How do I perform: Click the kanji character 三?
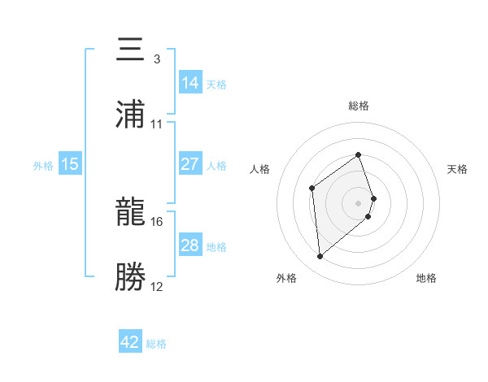click(x=132, y=50)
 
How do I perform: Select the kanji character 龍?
click(x=132, y=213)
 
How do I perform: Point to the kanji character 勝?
click(x=132, y=276)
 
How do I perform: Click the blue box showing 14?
click(x=190, y=83)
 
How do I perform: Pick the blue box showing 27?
click(x=190, y=164)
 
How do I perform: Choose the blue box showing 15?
click(x=70, y=164)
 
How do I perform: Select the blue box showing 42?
click(x=130, y=342)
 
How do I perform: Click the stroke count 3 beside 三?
click(x=156, y=59)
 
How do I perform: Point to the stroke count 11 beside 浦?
click(x=157, y=124)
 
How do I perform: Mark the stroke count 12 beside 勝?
click(x=157, y=286)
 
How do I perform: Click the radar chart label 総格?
click(x=359, y=106)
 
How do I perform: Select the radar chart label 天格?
click(x=458, y=169)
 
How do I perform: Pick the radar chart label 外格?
click(x=286, y=279)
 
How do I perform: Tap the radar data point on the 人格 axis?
click(x=312, y=189)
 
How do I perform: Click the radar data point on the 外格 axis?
click(x=320, y=257)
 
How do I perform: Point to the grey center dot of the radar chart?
click(x=359, y=202)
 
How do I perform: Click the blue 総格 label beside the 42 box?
click(x=156, y=344)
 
